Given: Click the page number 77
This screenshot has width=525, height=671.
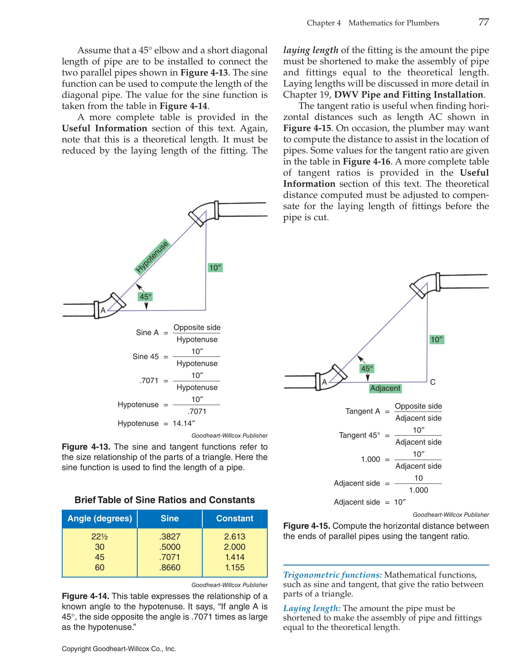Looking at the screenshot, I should pos(484,22).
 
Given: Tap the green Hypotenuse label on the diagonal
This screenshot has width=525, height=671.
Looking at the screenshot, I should pos(152,257).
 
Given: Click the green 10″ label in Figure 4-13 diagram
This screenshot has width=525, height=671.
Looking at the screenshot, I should pos(215,267).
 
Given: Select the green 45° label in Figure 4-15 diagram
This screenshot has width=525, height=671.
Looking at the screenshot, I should pos(367,368).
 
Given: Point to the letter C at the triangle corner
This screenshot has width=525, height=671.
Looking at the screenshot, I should pos(433,382).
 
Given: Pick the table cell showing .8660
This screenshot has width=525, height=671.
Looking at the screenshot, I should pos(170,568).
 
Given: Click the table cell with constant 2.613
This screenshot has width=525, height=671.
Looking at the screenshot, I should pos(235,536).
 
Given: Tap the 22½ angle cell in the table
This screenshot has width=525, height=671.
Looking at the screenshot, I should pos(100,536).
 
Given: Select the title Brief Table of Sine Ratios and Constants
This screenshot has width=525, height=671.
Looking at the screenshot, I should pos(165,500).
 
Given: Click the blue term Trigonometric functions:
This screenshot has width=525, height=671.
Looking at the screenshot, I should pos(333,575).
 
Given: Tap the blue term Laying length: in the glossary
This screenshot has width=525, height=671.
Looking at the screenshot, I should pos(312,608).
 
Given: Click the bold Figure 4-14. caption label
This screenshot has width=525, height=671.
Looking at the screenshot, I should pos(85,596).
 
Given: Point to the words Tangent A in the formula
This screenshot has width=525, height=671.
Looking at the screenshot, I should pos(362,411).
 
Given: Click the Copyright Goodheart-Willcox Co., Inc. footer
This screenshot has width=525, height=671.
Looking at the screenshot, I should pos(119,649).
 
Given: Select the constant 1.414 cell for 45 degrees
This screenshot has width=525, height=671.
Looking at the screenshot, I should pos(235,557).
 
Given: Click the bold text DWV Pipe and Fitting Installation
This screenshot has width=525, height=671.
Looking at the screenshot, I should pos(409,95).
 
